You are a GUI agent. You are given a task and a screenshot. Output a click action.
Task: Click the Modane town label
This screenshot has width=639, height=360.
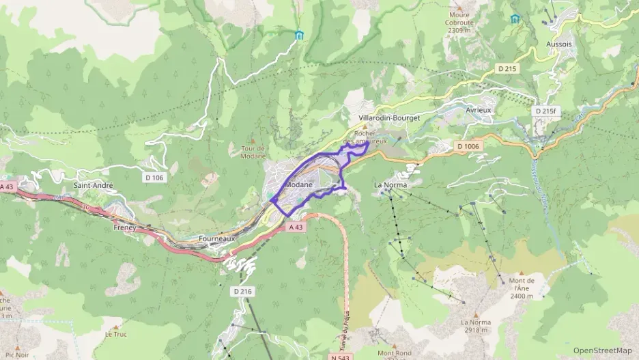pyautogui.click(x=300, y=185)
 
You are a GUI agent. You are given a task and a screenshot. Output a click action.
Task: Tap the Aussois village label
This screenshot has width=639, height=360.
pyautogui.click(x=559, y=44)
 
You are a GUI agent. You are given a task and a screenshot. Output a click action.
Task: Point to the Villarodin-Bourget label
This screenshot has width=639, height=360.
pyautogui.click(x=388, y=117)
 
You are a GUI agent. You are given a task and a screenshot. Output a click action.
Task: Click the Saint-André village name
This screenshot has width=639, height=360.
pyautogui.click(x=93, y=185)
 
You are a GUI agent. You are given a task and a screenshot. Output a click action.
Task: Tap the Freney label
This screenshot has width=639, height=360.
pyautogui.click(x=126, y=227)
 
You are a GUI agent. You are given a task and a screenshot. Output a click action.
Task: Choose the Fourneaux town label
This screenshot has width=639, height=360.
pyautogui.click(x=216, y=238)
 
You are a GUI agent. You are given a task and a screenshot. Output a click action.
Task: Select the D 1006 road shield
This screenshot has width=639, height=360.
pyautogui.click(x=468, y=146)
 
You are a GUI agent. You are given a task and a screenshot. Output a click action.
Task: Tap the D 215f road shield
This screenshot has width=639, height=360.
pyautogui.click(x=546, y=111)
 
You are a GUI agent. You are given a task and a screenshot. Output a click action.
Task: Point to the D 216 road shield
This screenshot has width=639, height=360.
pyautogui.click(x=243, y=291)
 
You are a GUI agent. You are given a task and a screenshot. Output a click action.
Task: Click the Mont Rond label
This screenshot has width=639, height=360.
pyautogui.click(x=394, y=353)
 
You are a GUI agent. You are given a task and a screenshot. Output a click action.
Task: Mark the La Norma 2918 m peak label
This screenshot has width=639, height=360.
pyautogui.click(x=476, y=326)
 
